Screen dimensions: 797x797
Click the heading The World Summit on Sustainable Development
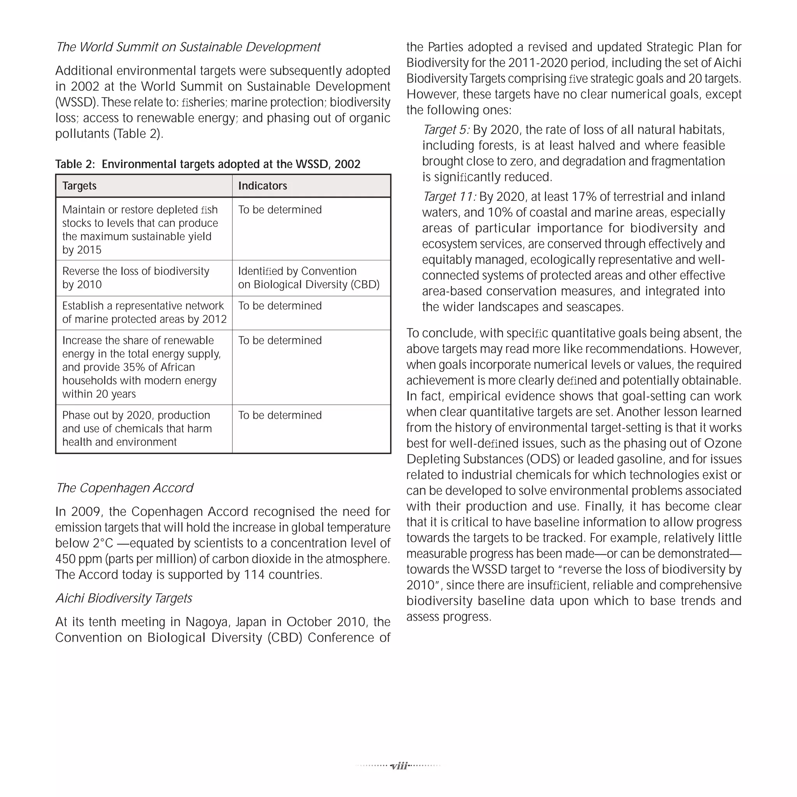[188, 47]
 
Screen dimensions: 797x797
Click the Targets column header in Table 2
[79, 186]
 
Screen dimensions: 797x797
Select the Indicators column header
[262, 186]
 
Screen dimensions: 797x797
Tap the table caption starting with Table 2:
[207, 164]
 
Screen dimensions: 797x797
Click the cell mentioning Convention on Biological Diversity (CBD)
[309, 277]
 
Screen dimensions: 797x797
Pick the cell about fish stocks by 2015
[140, 229]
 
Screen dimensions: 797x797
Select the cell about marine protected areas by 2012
[144, 312]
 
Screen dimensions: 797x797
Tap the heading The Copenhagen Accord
[124, 488]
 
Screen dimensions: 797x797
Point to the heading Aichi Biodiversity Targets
[124, 598]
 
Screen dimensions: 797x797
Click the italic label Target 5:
[446, 130]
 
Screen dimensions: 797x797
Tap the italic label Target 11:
[449, 197]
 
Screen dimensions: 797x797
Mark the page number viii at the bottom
[399, 766]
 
